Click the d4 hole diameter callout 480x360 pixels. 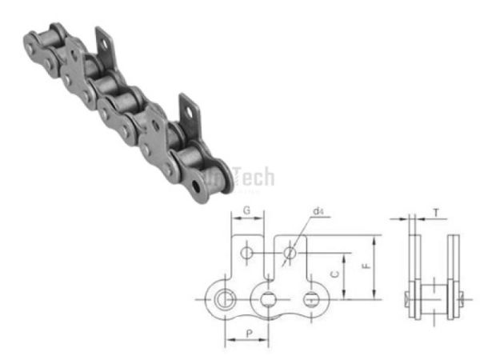click(x=318, y=212)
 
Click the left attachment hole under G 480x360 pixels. click(x=248, y=253)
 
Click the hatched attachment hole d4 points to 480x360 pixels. click(x=290, y=253)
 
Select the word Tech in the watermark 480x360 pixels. click(x=251, y=177)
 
